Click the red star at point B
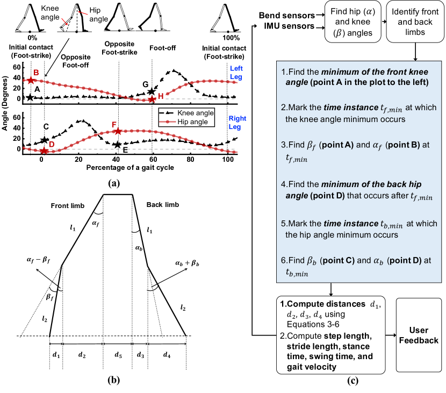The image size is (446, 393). click(31, 80)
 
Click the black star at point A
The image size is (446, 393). click(30, 97)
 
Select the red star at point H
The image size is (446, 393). click(153, 99)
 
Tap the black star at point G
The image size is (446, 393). click(152, 92)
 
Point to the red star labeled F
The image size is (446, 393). click(117, 131)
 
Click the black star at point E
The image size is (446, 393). click(117, 144)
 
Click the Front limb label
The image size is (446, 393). click(67, 205)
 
